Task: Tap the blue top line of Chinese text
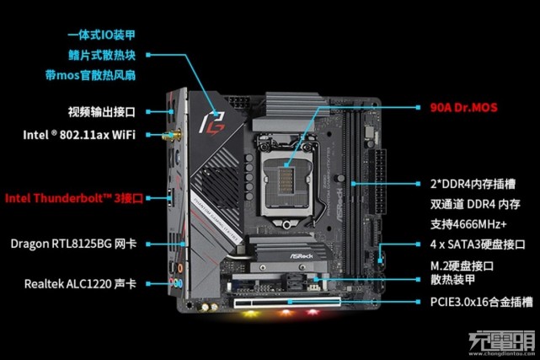(x=101, y=35)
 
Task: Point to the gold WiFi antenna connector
(x=178, y=135)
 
